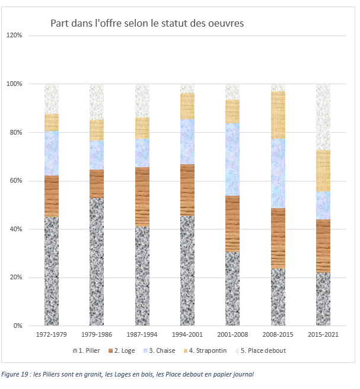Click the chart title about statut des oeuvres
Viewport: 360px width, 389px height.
pos(146,23)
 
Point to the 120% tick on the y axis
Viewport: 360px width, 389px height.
pos(14,36)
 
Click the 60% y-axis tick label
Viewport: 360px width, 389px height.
pos(16,181)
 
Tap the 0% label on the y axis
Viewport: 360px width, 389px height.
pos(18,326)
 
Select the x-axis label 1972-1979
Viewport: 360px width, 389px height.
pos(51,336)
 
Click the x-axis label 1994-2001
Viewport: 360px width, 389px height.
pos(187,336)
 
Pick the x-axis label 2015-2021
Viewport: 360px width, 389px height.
pos(323,336)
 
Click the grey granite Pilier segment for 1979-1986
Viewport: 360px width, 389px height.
pos(97,262)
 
